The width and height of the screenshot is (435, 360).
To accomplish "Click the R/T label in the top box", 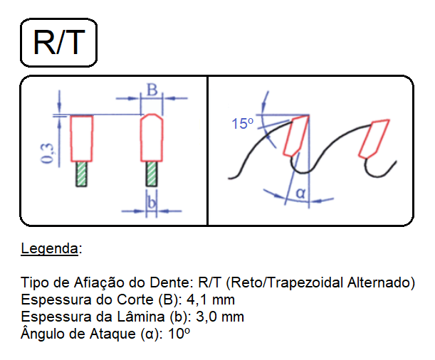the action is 59,43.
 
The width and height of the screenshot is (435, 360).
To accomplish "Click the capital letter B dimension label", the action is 152,90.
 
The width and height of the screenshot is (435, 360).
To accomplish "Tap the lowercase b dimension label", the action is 152,202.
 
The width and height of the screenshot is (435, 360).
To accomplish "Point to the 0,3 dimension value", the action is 47,153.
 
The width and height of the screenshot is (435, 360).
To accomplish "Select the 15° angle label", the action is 243,123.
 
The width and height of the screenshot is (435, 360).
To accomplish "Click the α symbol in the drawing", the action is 301,192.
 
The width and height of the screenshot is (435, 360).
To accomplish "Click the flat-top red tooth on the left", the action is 82,138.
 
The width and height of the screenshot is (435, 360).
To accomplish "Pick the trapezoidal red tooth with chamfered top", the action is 152,137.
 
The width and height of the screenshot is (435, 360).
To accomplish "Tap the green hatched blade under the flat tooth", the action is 82,174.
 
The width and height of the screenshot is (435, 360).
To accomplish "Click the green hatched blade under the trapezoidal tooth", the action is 152,174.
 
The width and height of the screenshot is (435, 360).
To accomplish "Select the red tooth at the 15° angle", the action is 296,136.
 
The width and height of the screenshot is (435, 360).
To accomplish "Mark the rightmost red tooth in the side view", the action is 374,139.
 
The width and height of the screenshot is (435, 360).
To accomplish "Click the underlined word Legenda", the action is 49,248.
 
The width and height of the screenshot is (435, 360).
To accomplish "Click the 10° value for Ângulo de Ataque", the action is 179,334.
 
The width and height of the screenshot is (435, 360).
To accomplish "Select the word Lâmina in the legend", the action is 141,316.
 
